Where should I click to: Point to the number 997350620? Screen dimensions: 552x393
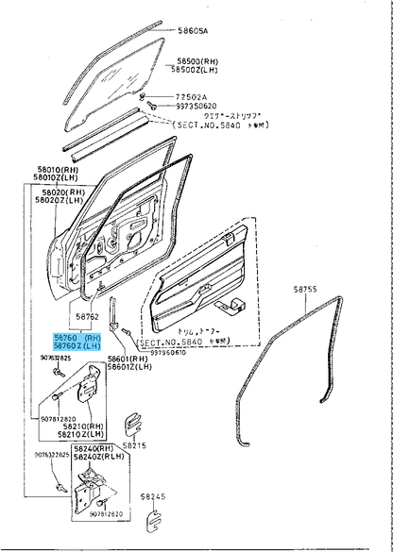tap(195, 106)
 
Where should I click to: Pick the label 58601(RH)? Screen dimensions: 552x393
tap(128, 360)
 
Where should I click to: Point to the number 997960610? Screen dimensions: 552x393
tap(168, 353)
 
